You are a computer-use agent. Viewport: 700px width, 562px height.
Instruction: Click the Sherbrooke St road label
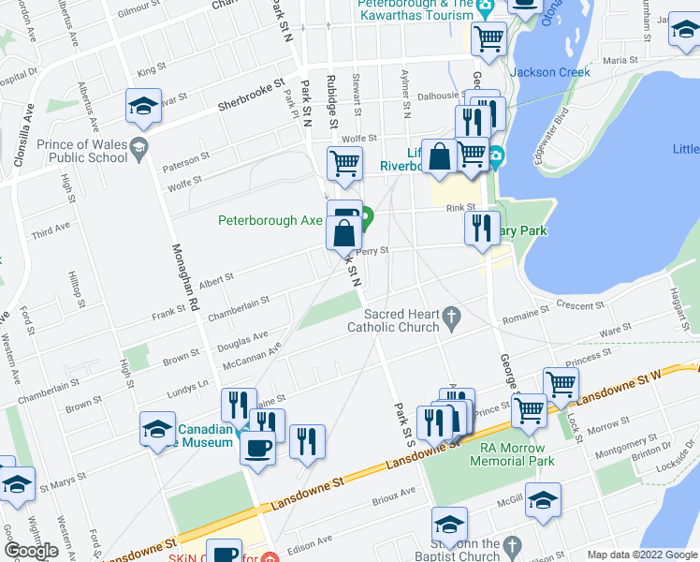click(249, 96)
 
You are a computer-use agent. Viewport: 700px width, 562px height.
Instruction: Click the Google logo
click(31, 551)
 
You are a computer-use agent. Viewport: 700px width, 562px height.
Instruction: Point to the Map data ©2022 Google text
click(642, 555)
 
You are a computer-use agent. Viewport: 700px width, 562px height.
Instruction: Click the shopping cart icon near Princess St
click(561, 383)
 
